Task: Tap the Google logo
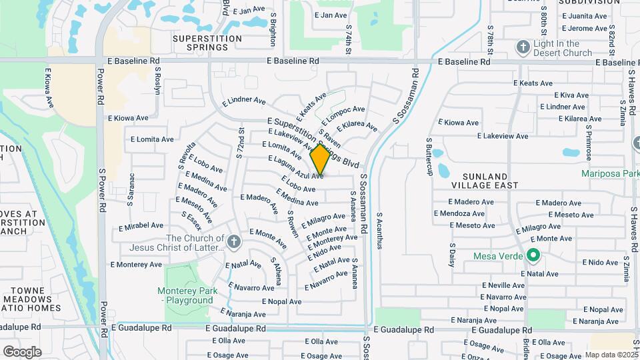coord(22,351)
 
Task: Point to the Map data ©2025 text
coord(611,355)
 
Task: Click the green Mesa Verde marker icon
coord(533,255)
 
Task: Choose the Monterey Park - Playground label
coord(185,295)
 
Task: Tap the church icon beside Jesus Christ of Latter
coord(233,242)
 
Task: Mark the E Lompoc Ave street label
coord(343,114)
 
